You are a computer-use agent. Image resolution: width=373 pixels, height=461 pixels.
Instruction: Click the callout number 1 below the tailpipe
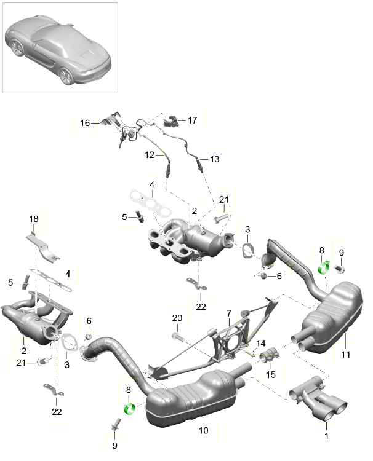click(327, 436)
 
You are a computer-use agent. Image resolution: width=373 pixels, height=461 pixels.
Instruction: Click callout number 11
click(345, 354)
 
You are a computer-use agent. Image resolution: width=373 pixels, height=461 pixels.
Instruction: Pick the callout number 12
click(148, 155)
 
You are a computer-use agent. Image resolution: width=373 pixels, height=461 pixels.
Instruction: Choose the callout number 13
click(214, 159)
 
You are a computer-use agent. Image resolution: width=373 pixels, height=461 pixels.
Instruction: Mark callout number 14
click(260, 343)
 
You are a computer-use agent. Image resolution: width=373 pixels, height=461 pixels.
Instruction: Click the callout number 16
click(85, 123)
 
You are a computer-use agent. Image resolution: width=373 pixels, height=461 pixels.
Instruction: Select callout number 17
click(192, 120)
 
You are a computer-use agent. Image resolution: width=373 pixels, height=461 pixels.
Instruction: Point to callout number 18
click(33, 218)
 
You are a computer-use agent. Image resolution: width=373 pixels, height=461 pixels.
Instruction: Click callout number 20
click(177, 318)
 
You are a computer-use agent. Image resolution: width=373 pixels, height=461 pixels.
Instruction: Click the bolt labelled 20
click(177, 337)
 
